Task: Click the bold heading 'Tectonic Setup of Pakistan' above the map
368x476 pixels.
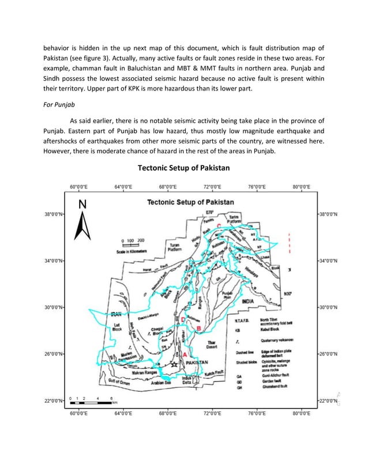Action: click(183, 168)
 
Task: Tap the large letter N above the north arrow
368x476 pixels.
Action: click(82, 204)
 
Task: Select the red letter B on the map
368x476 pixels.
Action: click(199, 328)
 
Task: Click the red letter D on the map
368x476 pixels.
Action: click(183, 319)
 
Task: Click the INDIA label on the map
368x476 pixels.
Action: click(249, 301)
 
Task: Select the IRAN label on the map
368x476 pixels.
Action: click(118, 315)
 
